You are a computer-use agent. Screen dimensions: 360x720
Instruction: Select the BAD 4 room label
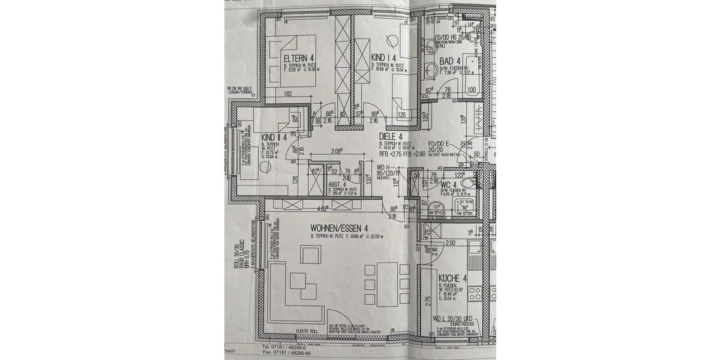[449, 62]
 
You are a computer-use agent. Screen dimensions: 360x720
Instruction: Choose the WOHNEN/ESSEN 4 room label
[339, 229]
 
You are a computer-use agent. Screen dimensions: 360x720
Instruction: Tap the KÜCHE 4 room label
[449, 278]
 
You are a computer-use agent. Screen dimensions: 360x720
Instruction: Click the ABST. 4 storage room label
[337, 185]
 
